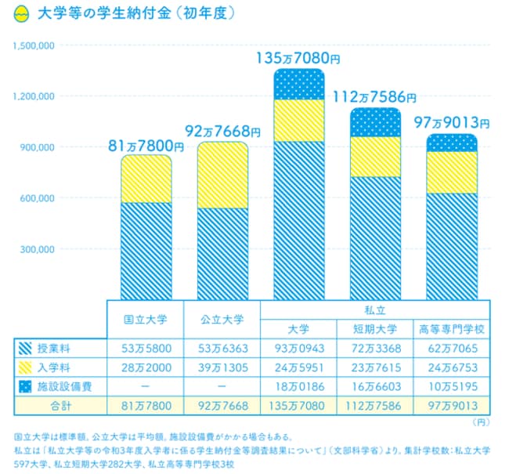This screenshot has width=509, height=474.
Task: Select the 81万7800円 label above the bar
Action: [146, 145]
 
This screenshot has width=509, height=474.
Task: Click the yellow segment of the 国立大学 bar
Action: [146, 179]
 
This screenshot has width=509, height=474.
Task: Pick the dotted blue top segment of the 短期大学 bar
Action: [375, 122]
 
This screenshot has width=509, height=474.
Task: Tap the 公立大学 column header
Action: [222, 320]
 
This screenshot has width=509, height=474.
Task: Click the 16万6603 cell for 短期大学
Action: [374, 387]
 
